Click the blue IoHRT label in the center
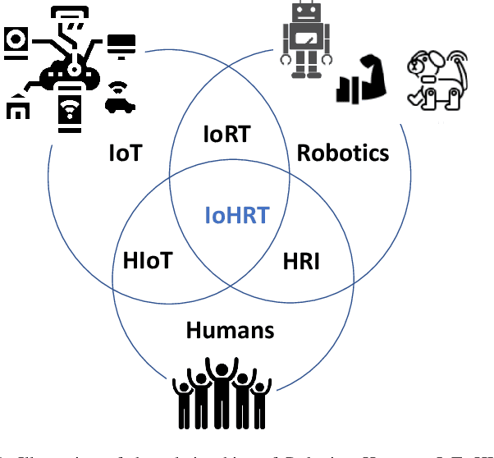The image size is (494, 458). (236, 216)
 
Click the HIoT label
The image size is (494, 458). (149, 261)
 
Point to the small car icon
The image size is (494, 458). (121, 105)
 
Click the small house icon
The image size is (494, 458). (17, 108)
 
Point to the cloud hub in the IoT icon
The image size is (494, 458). (72, 74)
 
